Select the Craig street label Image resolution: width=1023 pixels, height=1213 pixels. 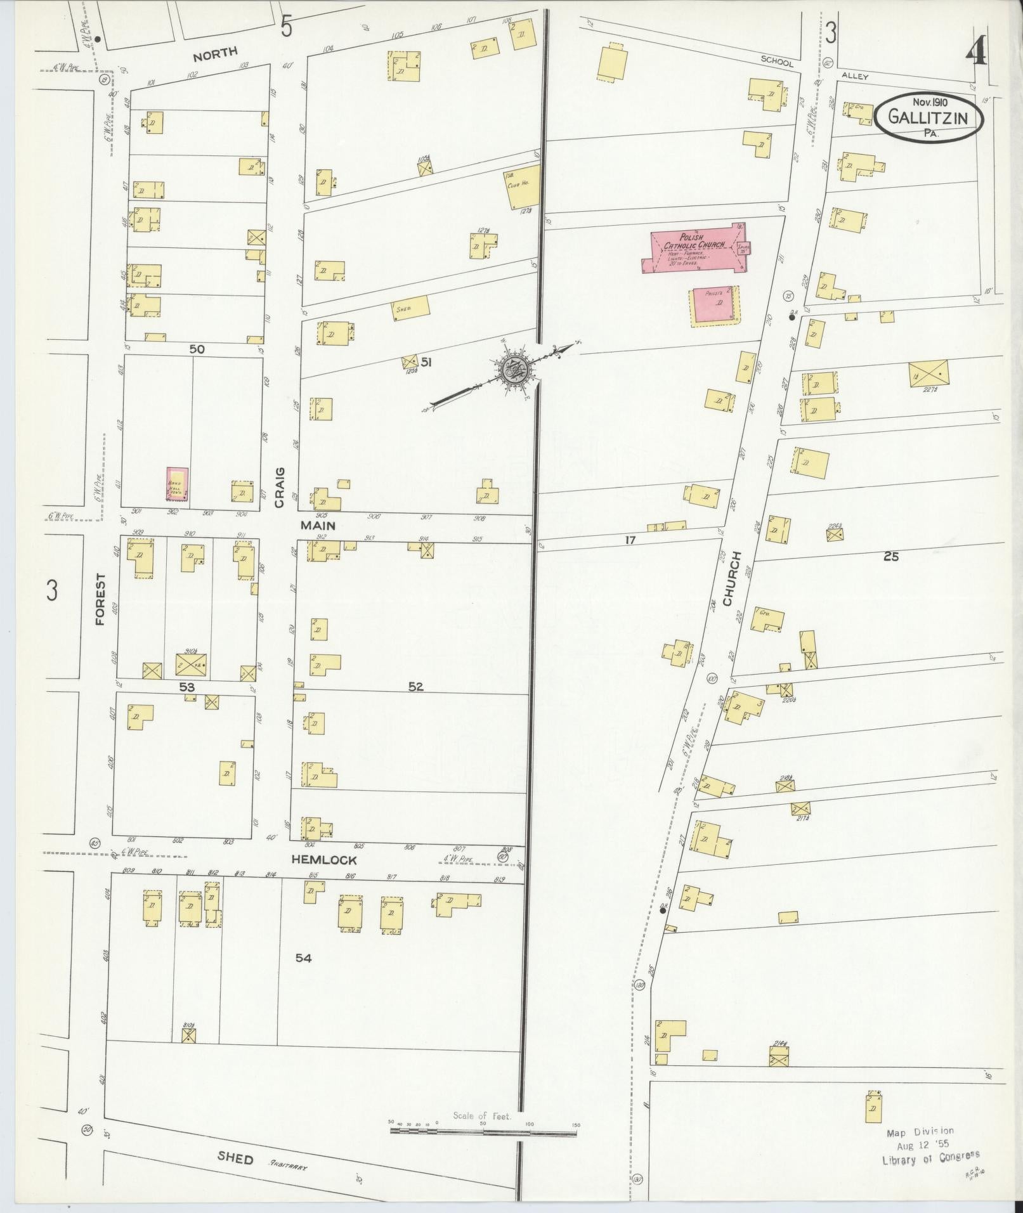(280, 488)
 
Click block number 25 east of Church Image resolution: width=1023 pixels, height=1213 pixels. (891, 557)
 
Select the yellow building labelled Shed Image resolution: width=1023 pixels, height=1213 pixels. (411, 308)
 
